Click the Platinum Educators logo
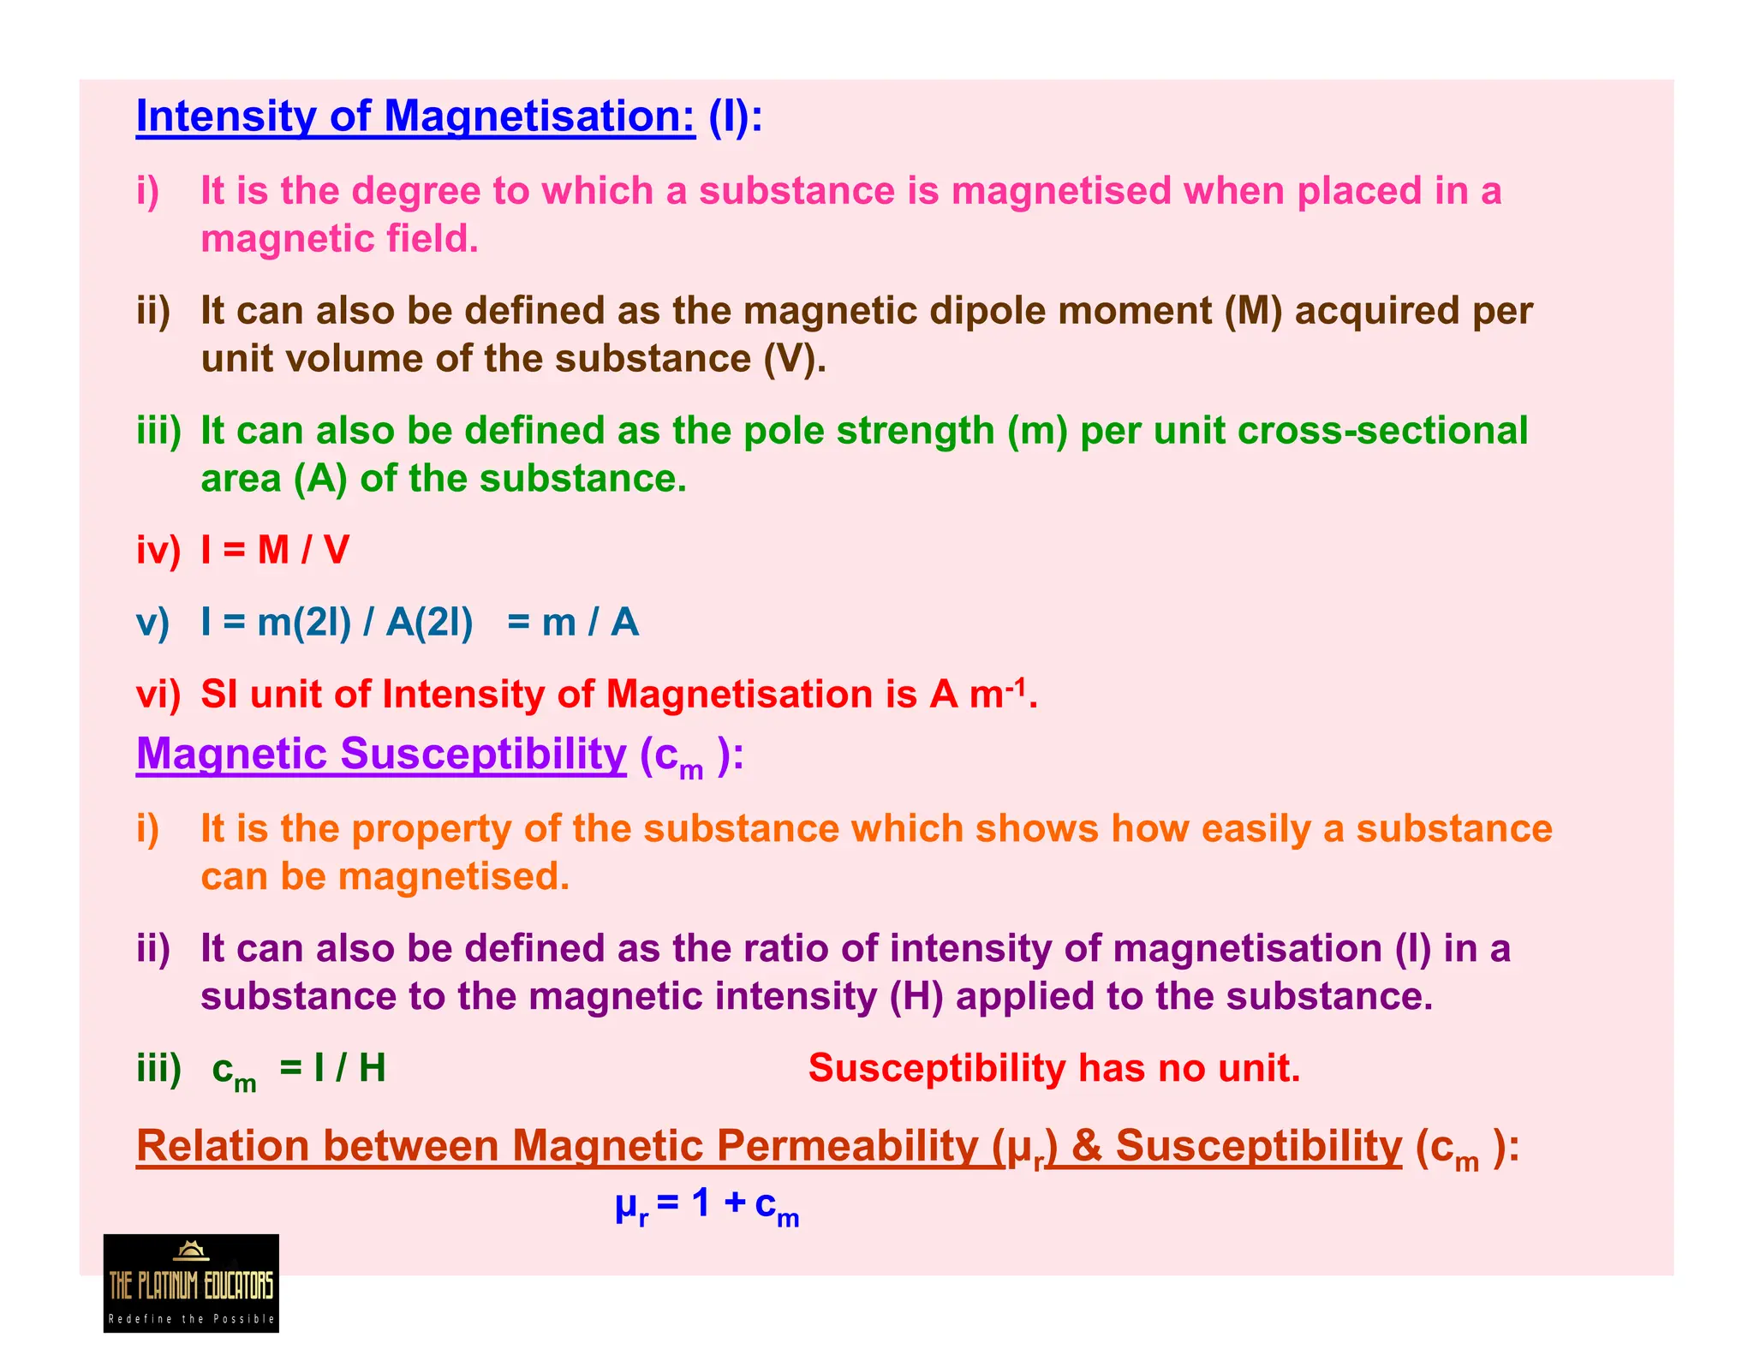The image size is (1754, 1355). click(x=191, y=1282)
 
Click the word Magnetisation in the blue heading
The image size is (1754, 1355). click(x=540, y=116)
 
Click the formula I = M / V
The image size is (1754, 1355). click(x=275, y=550)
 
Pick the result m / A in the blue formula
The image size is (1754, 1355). click(x=590, y=623)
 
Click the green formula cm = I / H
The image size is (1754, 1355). click(x=299, y=1070)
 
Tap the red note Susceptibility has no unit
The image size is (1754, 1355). click(x=1053, y=1069)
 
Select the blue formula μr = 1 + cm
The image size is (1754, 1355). click(x=707, y=1205)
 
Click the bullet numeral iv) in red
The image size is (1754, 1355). click(x=158, y=550)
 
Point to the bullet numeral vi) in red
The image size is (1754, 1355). click(x=158, y=694)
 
